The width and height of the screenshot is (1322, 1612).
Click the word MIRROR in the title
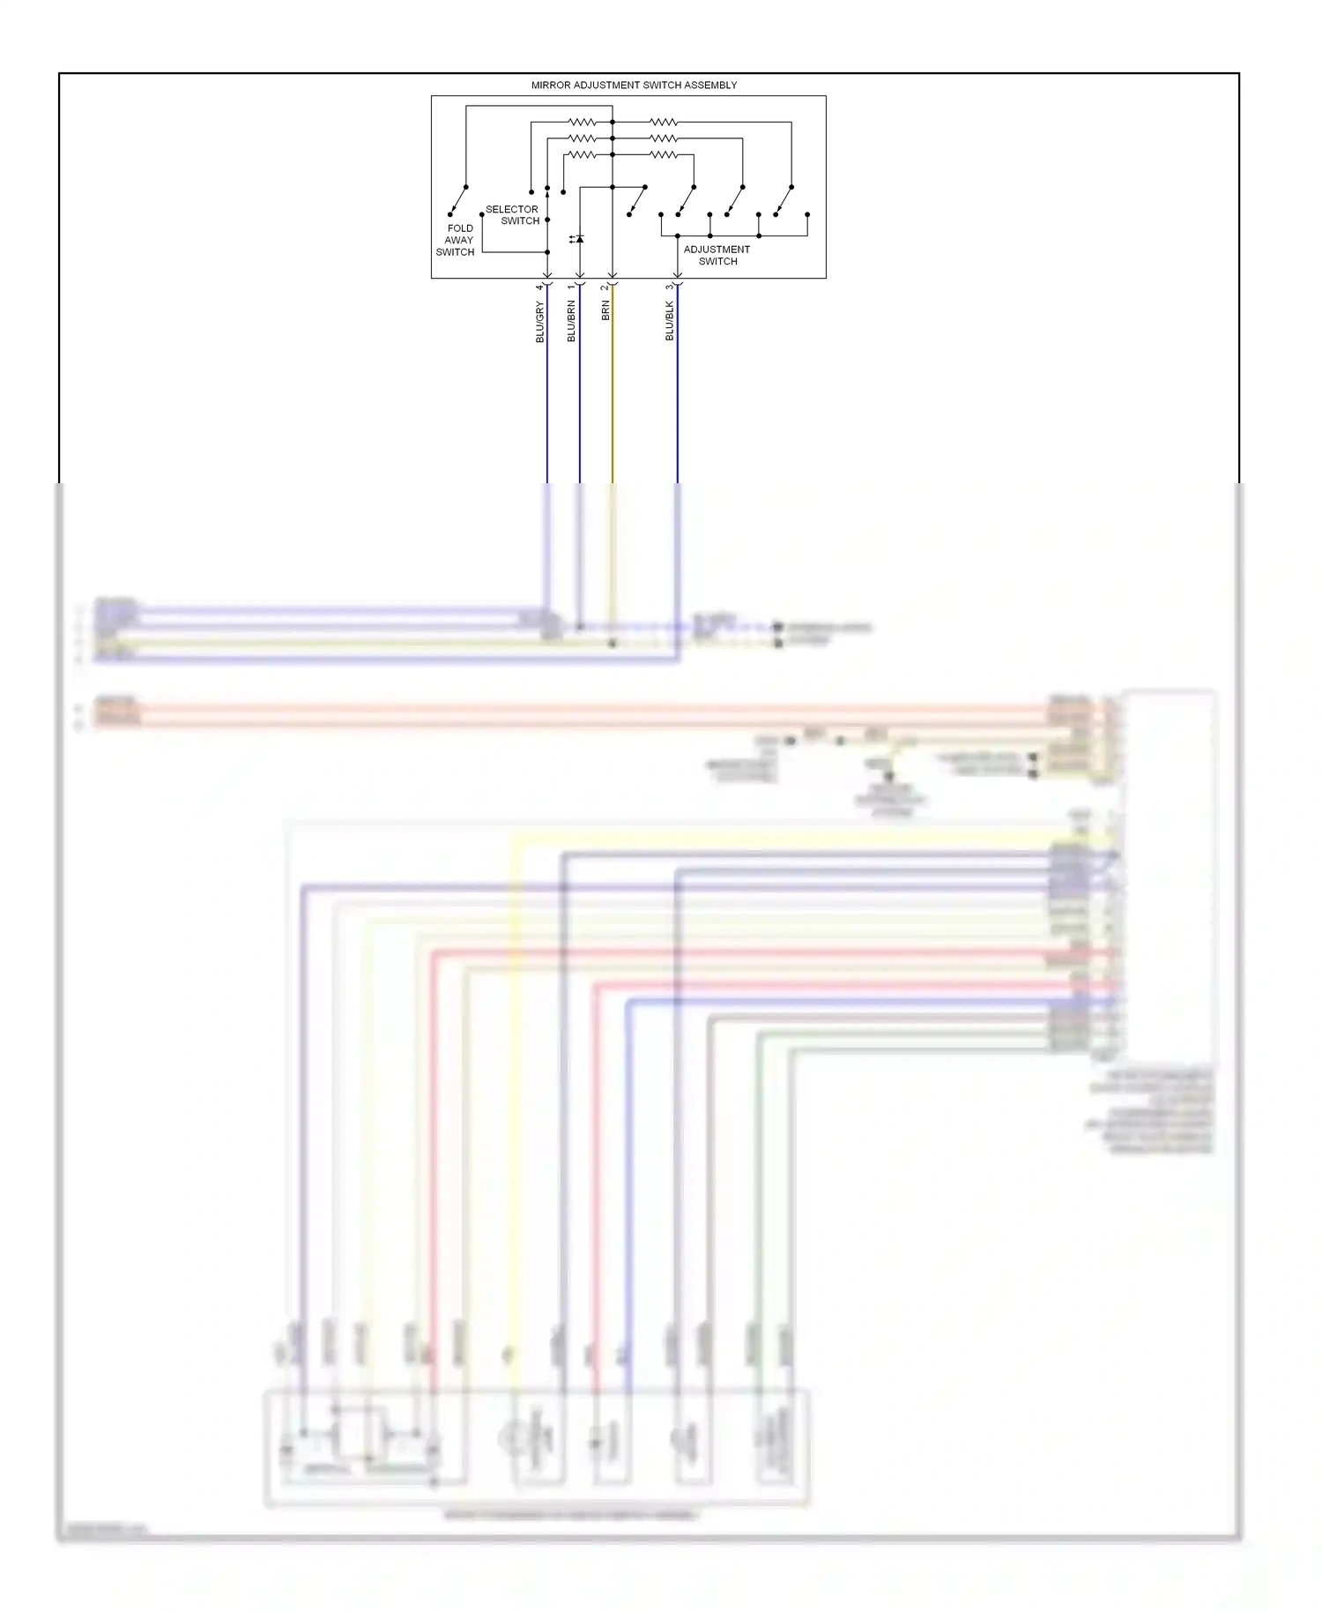click(550, 86)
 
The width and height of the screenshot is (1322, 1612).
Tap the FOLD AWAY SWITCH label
click(457, 240)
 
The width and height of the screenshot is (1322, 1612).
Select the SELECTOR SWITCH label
click(513, 215)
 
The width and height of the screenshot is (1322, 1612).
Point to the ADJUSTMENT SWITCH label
click(717, 255)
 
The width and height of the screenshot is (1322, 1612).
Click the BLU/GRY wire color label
click(540, 321)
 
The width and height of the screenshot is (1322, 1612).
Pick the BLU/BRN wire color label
click(571, 321)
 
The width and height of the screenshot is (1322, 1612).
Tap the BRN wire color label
click(605, 310)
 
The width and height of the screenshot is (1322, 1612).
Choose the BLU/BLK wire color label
click(670, 321)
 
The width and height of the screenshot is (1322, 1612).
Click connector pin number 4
click(539, 287)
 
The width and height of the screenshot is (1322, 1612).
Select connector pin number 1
click(571, 287)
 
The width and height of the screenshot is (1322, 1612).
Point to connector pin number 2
click(605, 287)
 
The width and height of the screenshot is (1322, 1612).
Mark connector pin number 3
click(670, 287)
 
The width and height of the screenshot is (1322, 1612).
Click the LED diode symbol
click(579, 239)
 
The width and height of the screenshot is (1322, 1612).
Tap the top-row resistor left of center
click(582, 123)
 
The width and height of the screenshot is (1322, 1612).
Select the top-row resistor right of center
click(664, 123)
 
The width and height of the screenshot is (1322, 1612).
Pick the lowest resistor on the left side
click(582, 155)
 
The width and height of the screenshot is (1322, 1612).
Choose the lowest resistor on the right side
click(664, 155)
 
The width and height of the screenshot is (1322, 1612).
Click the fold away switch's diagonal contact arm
click(457, 201)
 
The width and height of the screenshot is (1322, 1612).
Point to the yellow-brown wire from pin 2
click(613, 388)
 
